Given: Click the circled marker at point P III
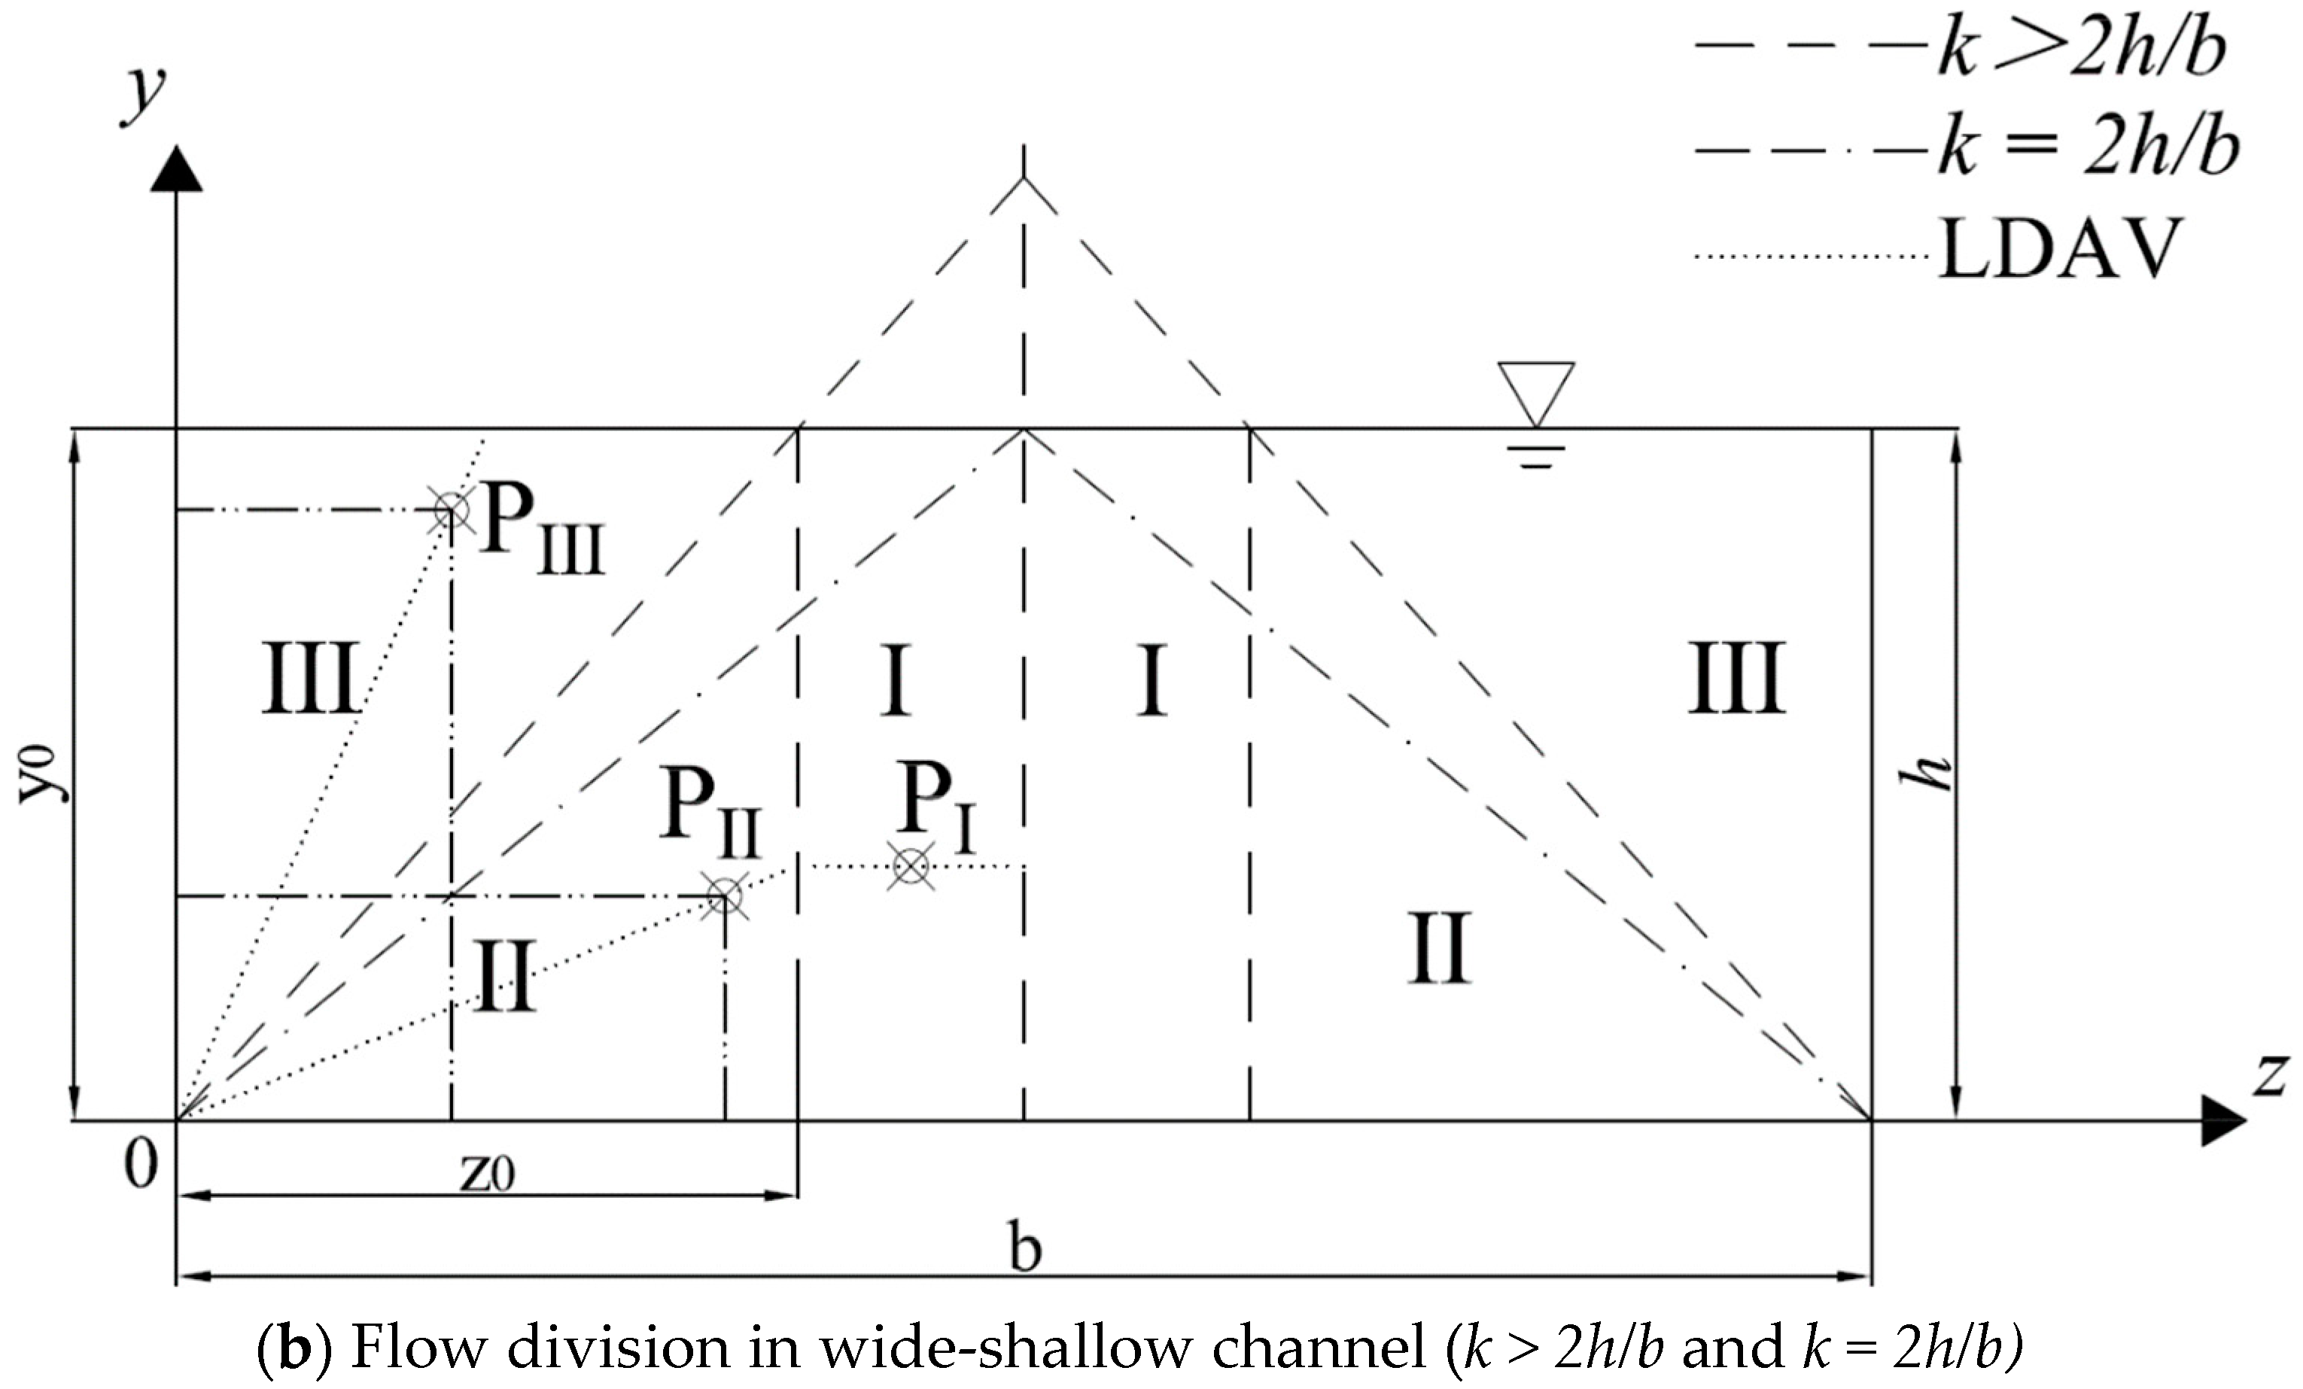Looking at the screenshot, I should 452,510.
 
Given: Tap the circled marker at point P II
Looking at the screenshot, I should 726,896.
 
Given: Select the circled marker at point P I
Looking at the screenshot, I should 911,867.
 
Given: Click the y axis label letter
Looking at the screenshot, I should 145,93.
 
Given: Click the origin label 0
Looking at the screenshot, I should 141,1166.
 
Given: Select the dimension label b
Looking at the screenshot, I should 1025,1248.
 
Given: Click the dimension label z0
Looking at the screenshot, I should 488,1173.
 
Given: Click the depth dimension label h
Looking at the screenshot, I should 1927,773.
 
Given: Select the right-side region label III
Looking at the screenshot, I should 1736,678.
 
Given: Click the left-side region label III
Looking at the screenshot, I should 310,678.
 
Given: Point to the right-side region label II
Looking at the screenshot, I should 1439,949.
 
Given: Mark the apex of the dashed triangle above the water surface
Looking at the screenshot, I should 1024,178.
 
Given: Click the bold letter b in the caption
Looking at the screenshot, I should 294,1349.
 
